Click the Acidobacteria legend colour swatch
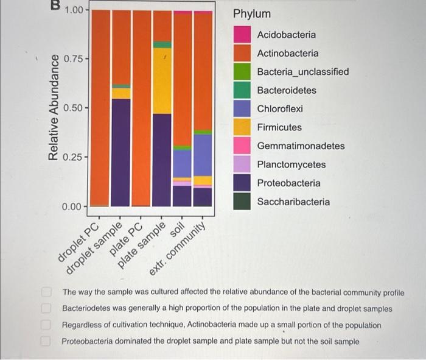[x=242, y=35]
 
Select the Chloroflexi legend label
[x=279, y=109]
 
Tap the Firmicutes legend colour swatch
[x=242, y=127]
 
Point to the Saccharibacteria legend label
[x=293, y=202]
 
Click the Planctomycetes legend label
[x=291, y=164]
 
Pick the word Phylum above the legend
[x=251, y=13]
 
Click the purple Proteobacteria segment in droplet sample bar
[x=121, y=152]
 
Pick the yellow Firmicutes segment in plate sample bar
[x=162, y=80]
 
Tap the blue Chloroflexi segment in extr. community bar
[x=203, y=155]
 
